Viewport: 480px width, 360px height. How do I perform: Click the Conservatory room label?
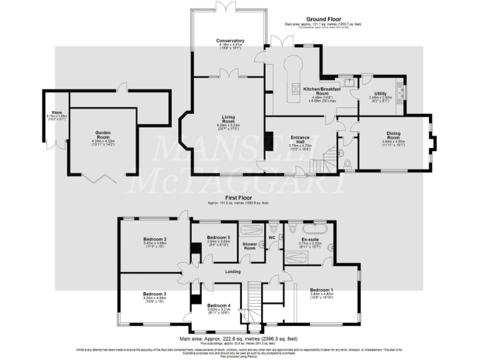coord(231,41)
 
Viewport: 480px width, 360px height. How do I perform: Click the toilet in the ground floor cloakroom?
coord(347,164)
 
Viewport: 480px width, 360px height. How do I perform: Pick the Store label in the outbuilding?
coord(57,113)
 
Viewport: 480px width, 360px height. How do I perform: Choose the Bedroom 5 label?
coord(218,237)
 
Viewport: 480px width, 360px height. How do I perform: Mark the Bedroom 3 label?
coord(154,294)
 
